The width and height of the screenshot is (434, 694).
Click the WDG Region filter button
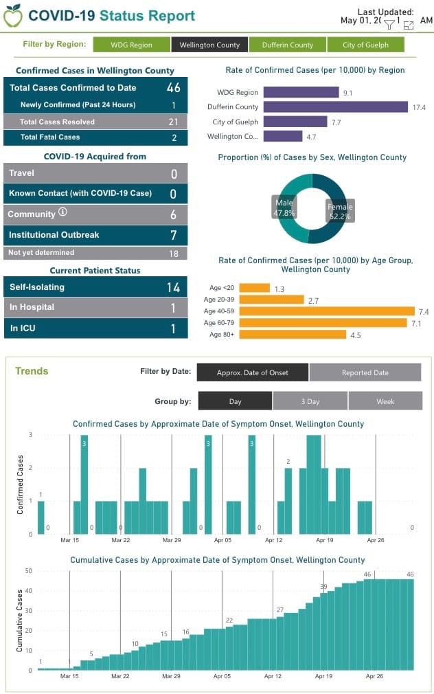pyautogui.click(x=131, y=45)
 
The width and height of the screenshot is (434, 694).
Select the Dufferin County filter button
pyautogui.click(x=287, y=45)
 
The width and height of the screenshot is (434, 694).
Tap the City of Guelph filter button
pyautogui.click(x=365, y=45)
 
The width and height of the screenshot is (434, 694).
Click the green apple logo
pyautogui.click(x=12, y=16)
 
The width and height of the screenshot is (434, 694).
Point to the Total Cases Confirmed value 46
pyautogui.click(x=173, y=88)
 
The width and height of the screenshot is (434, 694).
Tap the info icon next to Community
pyautogui.click(x=63, y=213)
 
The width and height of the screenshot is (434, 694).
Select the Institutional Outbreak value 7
pyautogui.click(x=174, y=236)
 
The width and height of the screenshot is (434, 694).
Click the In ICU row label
pyautogui.click(x=23, y=328)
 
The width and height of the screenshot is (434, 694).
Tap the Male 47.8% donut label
pyautogui.click(x=284, y=208)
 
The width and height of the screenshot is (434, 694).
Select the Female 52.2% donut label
pyautogui.click(x=340, y=212)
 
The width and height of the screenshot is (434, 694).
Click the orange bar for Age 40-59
pyautogui.click(x=327, y=311)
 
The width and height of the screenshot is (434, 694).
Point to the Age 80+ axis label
pyautogui.click(x=222, y=335)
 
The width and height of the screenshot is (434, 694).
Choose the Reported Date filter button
pyautogui.click(x=365, y=372)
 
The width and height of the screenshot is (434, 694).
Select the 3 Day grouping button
pyautogui.click(x=310, y=401)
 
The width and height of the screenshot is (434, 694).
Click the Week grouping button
pyautogui.click(x=385, y=401)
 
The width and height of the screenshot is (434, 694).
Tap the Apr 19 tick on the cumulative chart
pyautogui.click(x=324, y=676)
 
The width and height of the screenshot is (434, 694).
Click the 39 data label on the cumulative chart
pyautogui.click(x=323, y=586)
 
